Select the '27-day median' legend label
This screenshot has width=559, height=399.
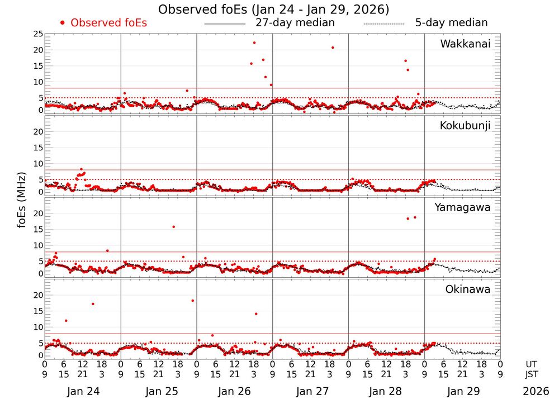(x=295, y=23)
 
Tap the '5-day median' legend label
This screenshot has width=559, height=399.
(x=451, y=23)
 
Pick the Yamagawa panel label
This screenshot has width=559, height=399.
(x=463, y=207)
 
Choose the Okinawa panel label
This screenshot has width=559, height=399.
(x=468, y=289)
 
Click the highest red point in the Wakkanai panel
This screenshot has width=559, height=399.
(x=254, y=43)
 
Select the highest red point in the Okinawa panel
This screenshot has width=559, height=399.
(x=192, y=301)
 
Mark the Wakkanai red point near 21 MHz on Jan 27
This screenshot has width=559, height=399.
(x=333, y=47)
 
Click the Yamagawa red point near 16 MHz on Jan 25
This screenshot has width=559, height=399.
(x=174, y=227)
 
